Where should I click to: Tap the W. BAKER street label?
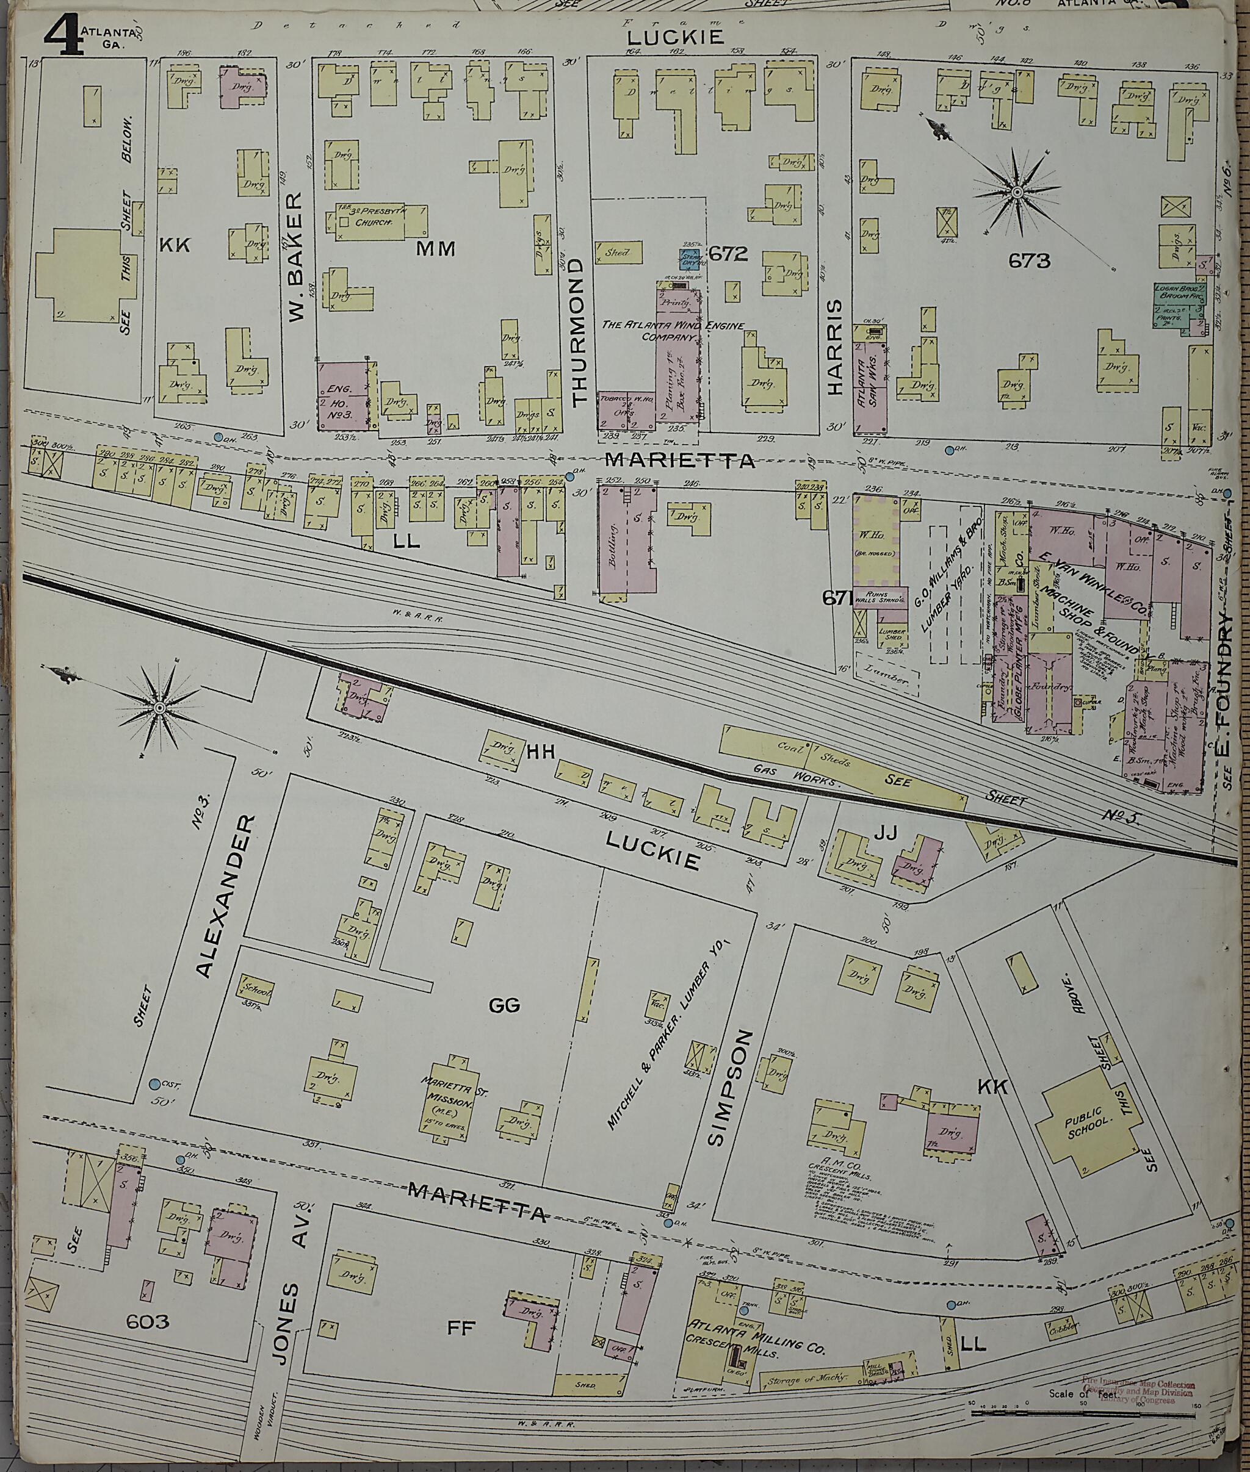[296, 256]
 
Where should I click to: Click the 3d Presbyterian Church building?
[376, 223]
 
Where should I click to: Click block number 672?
[729, 254]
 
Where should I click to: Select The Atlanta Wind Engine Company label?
[673, 331]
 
